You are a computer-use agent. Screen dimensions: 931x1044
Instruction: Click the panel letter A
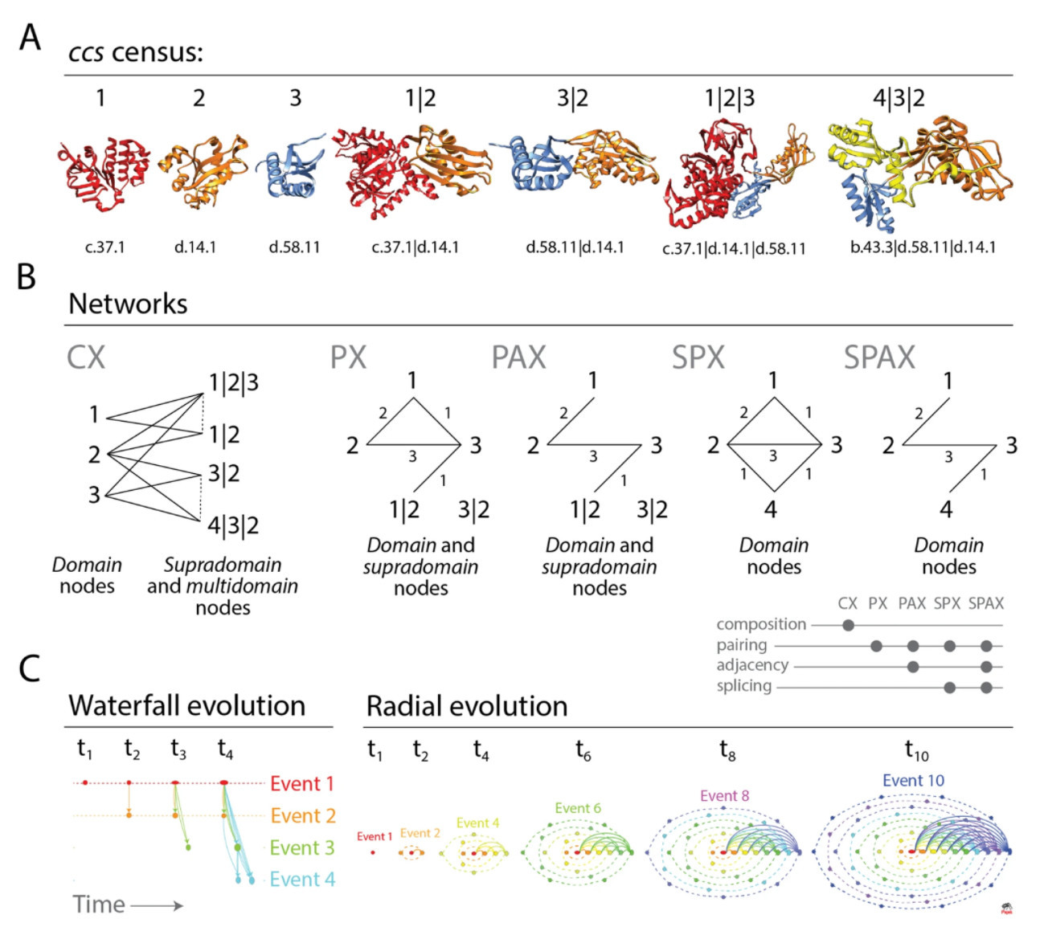pyautogui.click(x=30, y=37)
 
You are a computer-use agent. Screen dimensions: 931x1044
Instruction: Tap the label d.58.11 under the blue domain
pyautogui.click(x=294, y=247)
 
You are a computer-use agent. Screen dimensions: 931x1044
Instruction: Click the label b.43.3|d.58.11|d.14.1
pyautogui.click(x=923, y=247)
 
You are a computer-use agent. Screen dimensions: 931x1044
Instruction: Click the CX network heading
pyautogui.click(x=86, y=357)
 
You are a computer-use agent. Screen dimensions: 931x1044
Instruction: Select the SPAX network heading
pyautogui.click(x=879, y=357)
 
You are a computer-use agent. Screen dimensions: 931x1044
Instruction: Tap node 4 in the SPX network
pyautogui.click(x=771, y=509)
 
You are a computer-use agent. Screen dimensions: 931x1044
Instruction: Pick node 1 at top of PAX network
pyautogui.click(x=592, y=380)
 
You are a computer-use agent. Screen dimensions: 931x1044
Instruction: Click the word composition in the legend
pyautogui.click(x=760, y=624)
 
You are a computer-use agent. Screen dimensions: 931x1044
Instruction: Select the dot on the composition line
pyautogui.click(x=848, y=625)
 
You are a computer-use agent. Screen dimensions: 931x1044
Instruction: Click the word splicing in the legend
pyautogui.click(x=743, y=686)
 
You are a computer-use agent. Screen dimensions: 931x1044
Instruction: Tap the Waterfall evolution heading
pyautogui.click(x=186, y=705)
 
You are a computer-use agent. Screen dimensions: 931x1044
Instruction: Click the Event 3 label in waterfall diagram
pyautogui.click(x=301, y=847)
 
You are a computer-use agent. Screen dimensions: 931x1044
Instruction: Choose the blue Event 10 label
pyautogui.click(x=913, y=781)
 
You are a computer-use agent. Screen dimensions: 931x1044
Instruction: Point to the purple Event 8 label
pyautogui.click(x=724, y=796)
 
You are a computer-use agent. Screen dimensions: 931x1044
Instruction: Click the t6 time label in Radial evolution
pyautogui.click(x=583, y=750)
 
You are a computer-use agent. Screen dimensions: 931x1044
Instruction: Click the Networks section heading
pyautogui.click(x=128, y=304)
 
